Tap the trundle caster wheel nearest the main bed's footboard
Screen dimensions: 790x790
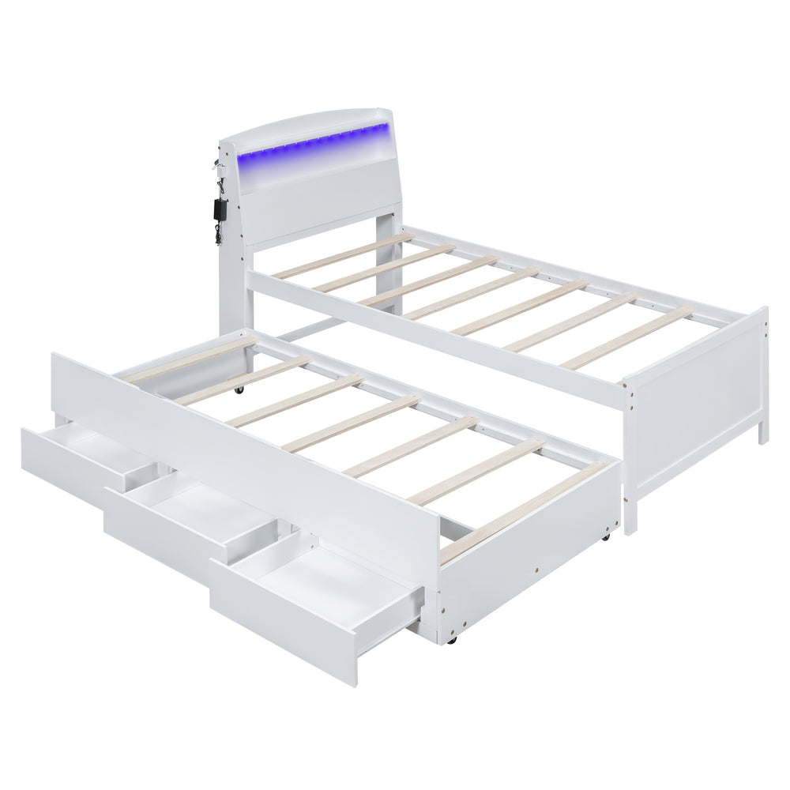pos(604,536)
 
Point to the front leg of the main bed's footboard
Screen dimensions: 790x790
pos(630,513)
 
